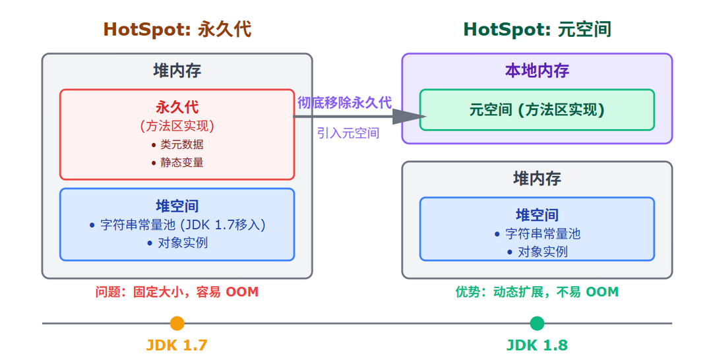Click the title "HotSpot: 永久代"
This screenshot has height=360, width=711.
click(x=177, y=30)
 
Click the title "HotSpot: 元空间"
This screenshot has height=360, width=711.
click(x=537, y=30)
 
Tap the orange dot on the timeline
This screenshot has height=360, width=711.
click(x=177, y=323)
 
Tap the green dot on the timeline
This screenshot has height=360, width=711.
click(x=537, y=323)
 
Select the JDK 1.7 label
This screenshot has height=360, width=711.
click(x=177, y=345)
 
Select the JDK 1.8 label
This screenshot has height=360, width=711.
click(x=537, y=345)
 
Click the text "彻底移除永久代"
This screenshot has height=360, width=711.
click(x=344, y=103)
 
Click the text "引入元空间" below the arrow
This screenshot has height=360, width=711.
click(x=348, y=133)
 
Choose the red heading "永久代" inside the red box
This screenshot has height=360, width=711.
click(x=177, y=107)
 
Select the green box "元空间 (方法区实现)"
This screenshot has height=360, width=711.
click(x=537, y=109)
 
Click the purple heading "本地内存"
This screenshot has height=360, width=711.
click(x=537, y=71)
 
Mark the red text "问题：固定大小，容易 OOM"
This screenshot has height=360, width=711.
click(x=177, y=291)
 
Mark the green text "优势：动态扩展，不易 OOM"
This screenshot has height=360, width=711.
click(x=537, y=291)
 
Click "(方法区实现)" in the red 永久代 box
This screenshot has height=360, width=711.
click(x=177, y=125)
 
